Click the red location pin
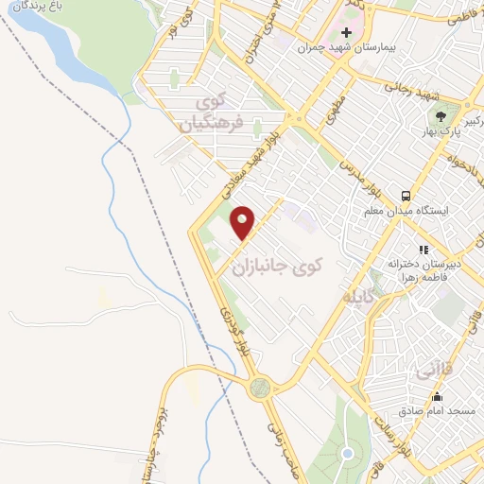click(243, 223)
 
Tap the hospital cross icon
click(347, 33)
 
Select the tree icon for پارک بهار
click(440, 116)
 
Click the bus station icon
click(405, 196)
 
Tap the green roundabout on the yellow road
click(259, 387)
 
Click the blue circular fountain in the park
click(347, 455)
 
